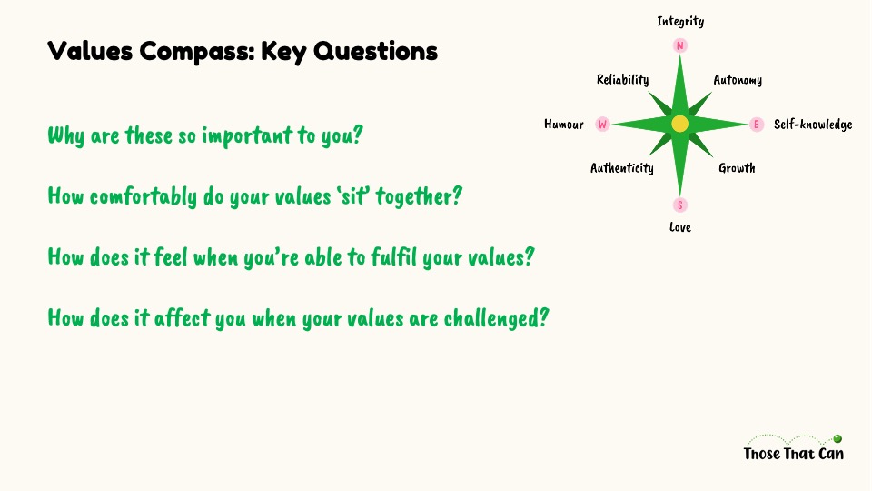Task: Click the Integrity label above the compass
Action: [680, 21]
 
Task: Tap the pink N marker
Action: [679, 45]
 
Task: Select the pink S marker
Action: [679, 205]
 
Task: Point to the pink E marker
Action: [757, 125]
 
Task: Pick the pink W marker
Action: [602, 125]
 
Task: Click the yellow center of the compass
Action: [679, 124]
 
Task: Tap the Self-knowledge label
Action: [813, 125]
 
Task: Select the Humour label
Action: [564, 125]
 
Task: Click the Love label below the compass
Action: [680, 227]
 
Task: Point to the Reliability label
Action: [622, 80]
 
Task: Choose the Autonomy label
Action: [738, 80]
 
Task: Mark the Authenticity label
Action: [621, 168]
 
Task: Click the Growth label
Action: [737, 168]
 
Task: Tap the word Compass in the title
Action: [197, 51]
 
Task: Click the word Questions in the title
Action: [375, 51]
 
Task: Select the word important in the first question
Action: [247, 135]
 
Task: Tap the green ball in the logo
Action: [837, 438]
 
